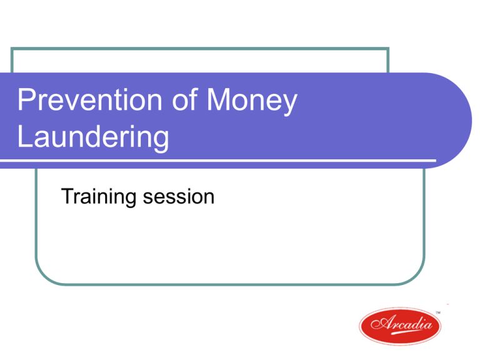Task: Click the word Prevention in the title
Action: (89, 99)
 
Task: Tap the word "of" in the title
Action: (185, 99)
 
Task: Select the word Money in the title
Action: (252, 102)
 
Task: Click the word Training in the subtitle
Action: (99, 197)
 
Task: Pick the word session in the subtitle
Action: (179, 197)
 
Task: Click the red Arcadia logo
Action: (400, 326)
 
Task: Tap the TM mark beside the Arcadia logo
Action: (438, 312)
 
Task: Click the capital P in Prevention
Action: (26, 99)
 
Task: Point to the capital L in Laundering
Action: (24, 136)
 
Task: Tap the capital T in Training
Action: (69, 196)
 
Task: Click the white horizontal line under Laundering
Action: (218, 160)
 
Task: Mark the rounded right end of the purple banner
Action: (465, 121)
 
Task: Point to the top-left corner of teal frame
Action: (12, 48)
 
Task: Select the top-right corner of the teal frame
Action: (388, 48)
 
